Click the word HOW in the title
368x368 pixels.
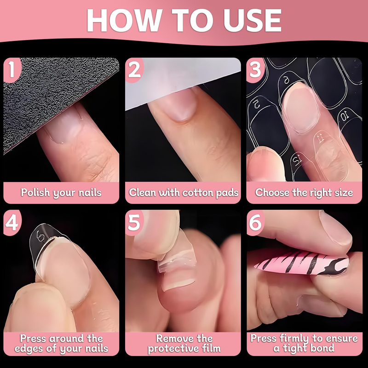coord(124,20)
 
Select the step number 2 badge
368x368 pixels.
coord(134,69)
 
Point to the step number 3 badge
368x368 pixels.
coord(255,69)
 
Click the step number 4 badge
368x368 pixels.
coord(12,222)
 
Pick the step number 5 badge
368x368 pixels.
coord(134,222)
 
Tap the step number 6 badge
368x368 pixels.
coord(255,222)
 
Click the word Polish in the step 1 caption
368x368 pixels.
coord(35,192)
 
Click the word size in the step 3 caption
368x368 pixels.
coord(344,192)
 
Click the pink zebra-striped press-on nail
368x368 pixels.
coord(302,263)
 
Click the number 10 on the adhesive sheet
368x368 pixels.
coord(345,116)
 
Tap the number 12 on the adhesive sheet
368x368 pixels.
coord(298,161)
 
